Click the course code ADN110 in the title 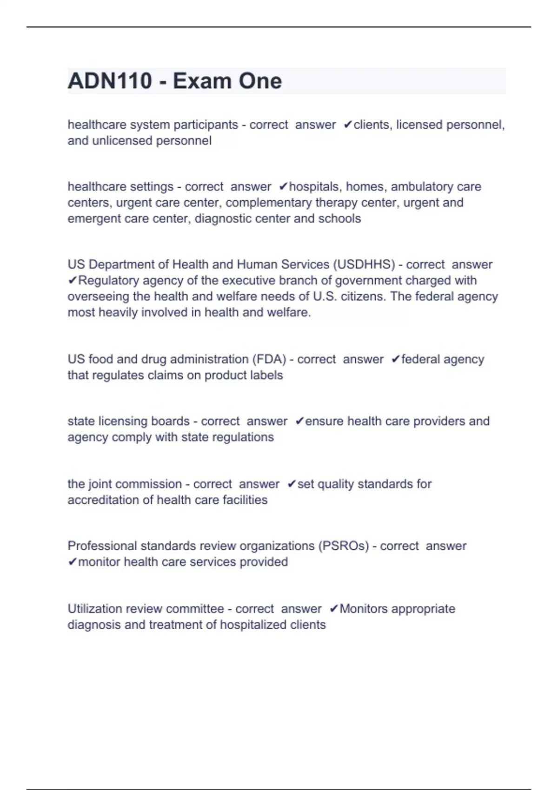[110, 81]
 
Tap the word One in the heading [260, 81]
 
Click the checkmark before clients [348, 125]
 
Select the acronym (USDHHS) [364, 264]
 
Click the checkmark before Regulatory [72, 281]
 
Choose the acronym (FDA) [269, 359]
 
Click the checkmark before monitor [72, 562]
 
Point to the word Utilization [95, 609]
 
